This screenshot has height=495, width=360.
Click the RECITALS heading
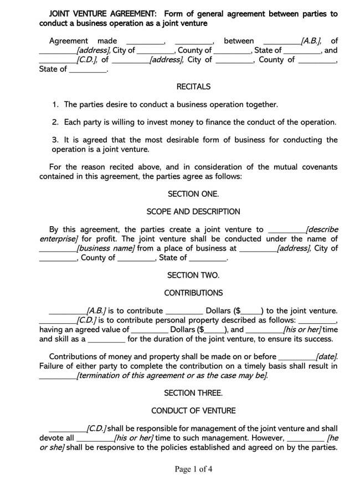[193, 86]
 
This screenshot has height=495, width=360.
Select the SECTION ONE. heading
[193, 194]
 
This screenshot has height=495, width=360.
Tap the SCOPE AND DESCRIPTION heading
[193, 212]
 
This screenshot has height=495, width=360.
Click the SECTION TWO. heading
[193, 275]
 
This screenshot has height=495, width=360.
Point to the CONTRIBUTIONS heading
[193, 293]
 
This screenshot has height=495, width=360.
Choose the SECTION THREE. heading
[193, 393]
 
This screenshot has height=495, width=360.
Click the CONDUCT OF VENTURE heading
[193, 411]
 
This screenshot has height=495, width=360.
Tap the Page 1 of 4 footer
[193, 470]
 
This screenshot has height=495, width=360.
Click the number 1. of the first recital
[55, 104]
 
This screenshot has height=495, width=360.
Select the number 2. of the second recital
[55, 122]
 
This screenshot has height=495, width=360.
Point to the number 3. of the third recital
[55, 140]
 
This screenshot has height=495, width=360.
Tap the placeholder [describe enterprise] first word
[322, 229]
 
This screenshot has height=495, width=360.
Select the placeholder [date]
[326, 356]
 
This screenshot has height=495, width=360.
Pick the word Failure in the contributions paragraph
[53, 366]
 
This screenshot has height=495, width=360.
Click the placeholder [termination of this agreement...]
[172, 375]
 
